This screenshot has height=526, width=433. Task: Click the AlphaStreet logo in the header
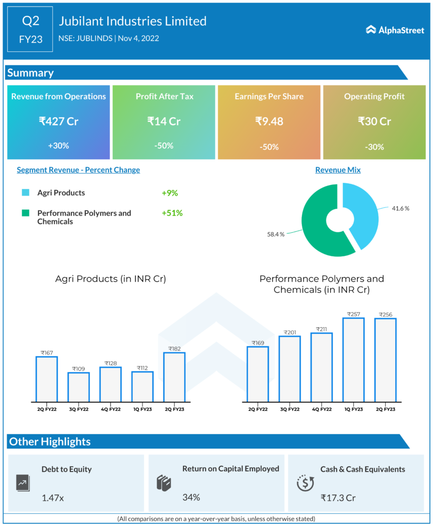point(395,30)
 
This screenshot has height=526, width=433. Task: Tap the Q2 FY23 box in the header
point(30,29)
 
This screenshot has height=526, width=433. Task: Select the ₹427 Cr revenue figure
point(58,121)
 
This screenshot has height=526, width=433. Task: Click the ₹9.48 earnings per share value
point(269,121)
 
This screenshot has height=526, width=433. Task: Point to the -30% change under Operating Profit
point(374,146)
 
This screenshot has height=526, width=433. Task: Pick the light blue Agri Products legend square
point(25,193)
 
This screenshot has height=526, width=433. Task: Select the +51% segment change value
point(172,213)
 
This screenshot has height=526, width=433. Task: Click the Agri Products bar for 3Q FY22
point(78,386)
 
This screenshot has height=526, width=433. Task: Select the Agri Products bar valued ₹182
point(174,376)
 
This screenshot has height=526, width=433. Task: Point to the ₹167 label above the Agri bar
point(46,352)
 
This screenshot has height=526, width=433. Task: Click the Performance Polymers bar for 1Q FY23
point(353,359)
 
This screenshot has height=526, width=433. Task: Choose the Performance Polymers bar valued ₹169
point(258,373)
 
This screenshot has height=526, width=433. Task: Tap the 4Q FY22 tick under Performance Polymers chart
point(321,409)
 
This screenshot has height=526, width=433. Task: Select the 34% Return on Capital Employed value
point(191,497)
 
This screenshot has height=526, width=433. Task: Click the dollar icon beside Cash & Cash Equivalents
point(305,483)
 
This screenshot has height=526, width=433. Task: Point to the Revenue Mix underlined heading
point(338,170)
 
